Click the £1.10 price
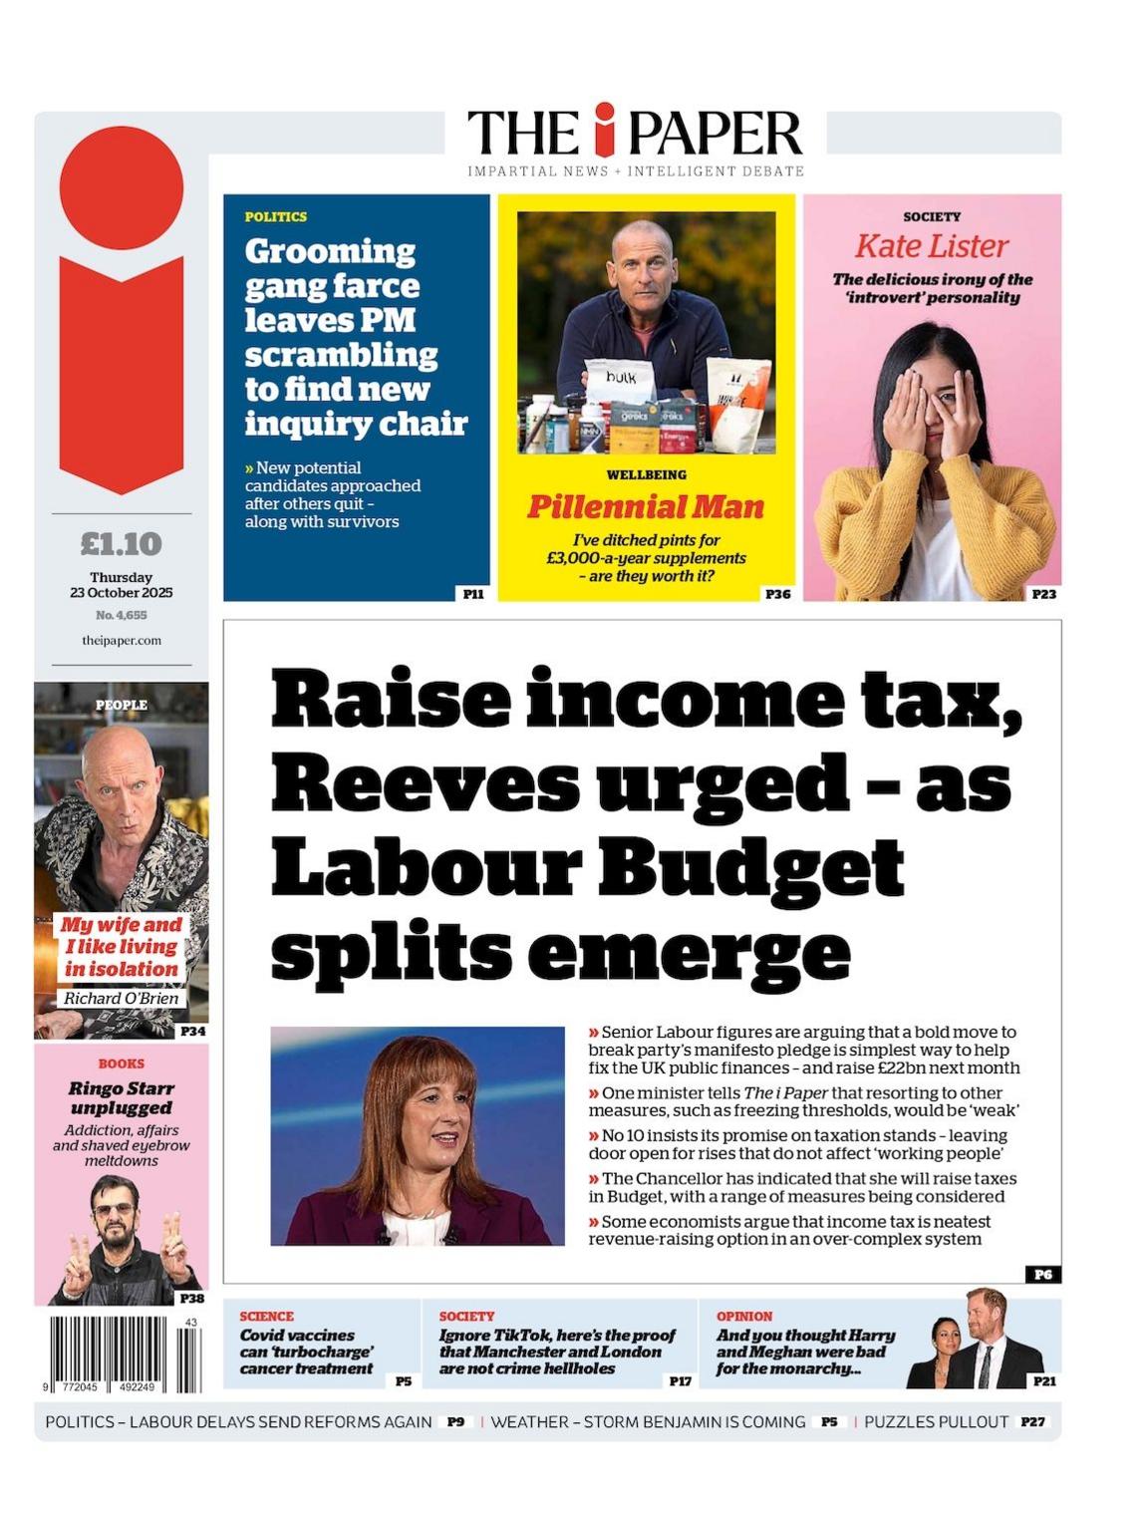point(121,543)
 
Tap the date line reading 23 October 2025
point(121,592)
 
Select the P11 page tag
point(473,593)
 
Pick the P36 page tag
point(777,593)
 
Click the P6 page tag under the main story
point(1042,1274)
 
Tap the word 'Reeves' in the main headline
point(425,784)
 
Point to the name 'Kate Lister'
point(932,245)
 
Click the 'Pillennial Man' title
point(646,507)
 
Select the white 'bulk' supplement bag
point(621,383)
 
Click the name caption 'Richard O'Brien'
point(122,998)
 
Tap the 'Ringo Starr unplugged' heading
point(121,1097)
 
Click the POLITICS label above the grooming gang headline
point(276,216)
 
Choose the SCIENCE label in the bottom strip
point(266,1316)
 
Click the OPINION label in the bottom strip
point(744,1316)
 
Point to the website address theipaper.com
point(122,640)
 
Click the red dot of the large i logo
point(122,187)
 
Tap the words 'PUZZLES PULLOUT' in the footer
point(936,1421)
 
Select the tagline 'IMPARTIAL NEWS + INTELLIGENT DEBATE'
point(636,171)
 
